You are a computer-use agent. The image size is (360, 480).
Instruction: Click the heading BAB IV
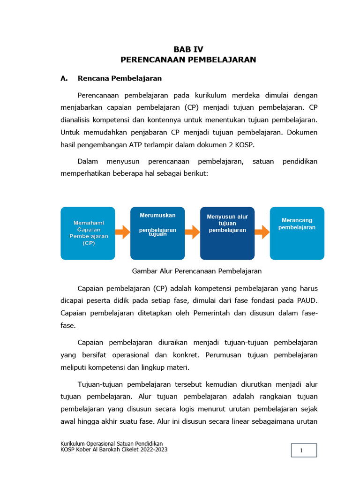pos(188,49)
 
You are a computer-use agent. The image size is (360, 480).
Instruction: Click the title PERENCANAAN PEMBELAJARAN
pos(188,60)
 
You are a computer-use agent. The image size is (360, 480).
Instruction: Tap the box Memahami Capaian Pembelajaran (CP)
pos(88,233)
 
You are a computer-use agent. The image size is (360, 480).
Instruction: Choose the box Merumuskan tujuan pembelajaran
pos(157,233)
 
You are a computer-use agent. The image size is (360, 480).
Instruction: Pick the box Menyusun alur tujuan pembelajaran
pos(227,233)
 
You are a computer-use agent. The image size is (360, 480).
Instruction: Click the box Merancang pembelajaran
pos(297,233)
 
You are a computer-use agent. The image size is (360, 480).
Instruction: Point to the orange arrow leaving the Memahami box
pos(123,232)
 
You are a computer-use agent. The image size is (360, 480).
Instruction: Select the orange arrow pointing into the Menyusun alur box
pos(192,232)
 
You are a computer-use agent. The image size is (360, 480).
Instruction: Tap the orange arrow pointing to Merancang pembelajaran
pos(262,232)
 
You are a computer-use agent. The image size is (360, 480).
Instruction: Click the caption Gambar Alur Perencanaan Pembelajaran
pos(197,271)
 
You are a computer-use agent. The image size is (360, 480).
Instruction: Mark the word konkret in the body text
pos(185,355)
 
